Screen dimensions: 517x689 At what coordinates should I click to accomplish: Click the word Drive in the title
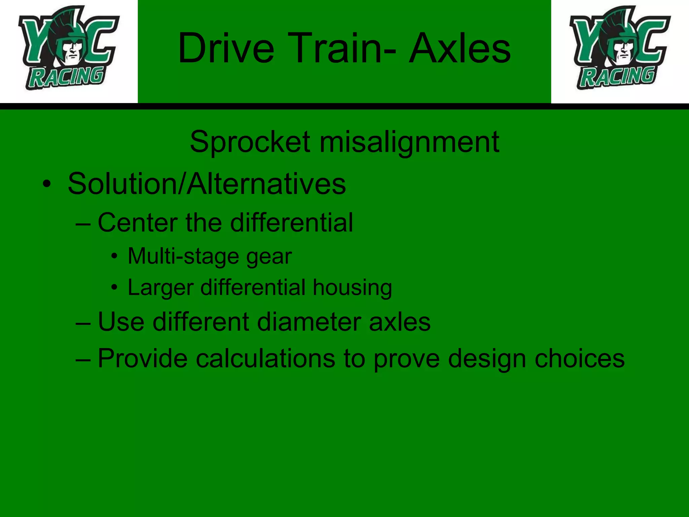(226, 48)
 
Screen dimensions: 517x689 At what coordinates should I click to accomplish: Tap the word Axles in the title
(460, 48)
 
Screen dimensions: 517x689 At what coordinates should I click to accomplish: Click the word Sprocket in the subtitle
(250, 142)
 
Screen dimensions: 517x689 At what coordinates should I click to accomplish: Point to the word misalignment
(409, 142)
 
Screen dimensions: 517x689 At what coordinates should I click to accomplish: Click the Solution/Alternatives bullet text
(207, 184)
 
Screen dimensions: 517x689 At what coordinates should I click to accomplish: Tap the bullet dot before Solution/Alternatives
(47, 184)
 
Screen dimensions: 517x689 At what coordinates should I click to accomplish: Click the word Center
(138, 222)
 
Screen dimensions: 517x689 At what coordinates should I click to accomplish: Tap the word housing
(352, 288)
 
